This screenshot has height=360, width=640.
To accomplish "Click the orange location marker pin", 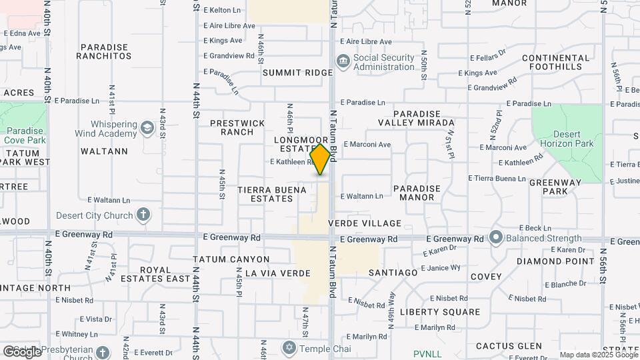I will (x=321, y=159).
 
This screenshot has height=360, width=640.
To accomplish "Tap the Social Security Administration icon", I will (x=343, y=61).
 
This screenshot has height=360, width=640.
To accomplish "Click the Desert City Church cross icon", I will (x=143, y=215).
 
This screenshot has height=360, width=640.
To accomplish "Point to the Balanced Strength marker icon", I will (x=495, y=237).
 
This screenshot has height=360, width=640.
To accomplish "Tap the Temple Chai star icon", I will (x=289, y=348).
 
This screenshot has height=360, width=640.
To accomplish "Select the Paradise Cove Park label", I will (x=25, y=135).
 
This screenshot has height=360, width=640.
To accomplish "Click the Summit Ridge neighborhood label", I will (x=297, y=72).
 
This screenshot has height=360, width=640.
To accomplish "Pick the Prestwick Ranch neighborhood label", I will (x=237, y=127).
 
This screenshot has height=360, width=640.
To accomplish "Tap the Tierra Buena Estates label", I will (x=271, y=194).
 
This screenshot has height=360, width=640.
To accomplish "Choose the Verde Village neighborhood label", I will (x=374, y=223).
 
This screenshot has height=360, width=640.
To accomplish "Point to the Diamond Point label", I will (x=555, y=261).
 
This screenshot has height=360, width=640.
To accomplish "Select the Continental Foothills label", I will (x=556, y=62).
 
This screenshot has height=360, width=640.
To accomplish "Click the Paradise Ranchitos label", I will (x=104, y=51).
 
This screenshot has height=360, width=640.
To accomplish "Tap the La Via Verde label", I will (x=278, y=273).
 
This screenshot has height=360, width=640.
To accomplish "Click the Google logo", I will (x=22, y=351).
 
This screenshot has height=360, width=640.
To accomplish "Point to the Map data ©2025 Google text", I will (x=598, y=355).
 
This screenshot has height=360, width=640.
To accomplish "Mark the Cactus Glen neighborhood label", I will (x=509, y=346).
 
